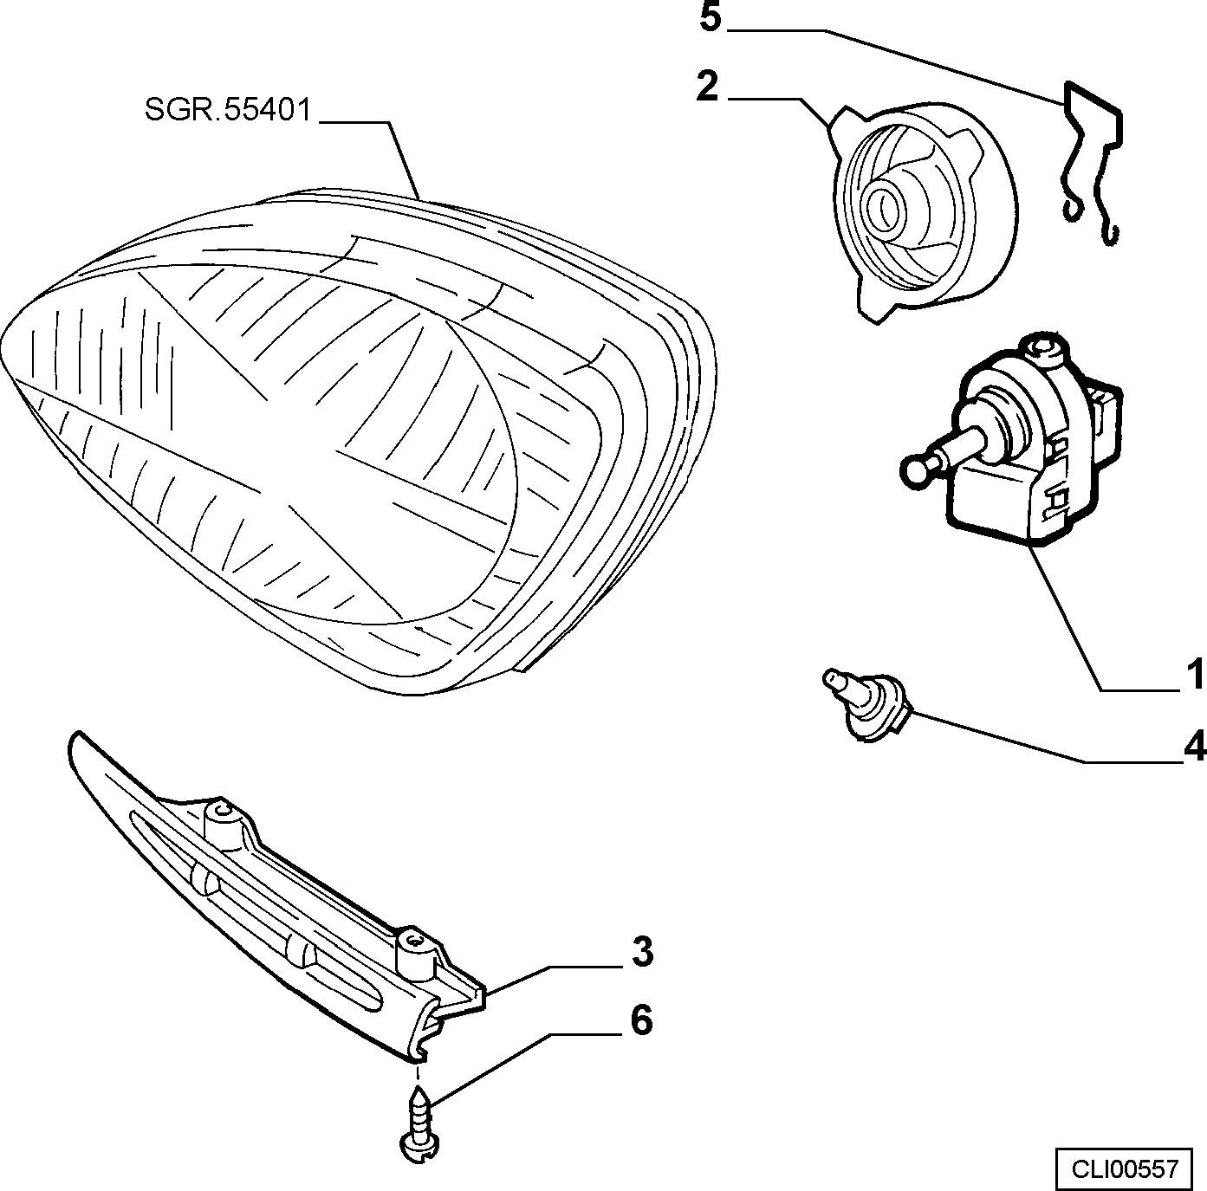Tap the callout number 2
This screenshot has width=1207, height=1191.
coord(709,87)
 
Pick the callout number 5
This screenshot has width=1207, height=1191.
coord(711,17)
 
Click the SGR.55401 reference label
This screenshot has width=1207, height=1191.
coord(228,111)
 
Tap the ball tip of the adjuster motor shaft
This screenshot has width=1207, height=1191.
coord(914,470)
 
